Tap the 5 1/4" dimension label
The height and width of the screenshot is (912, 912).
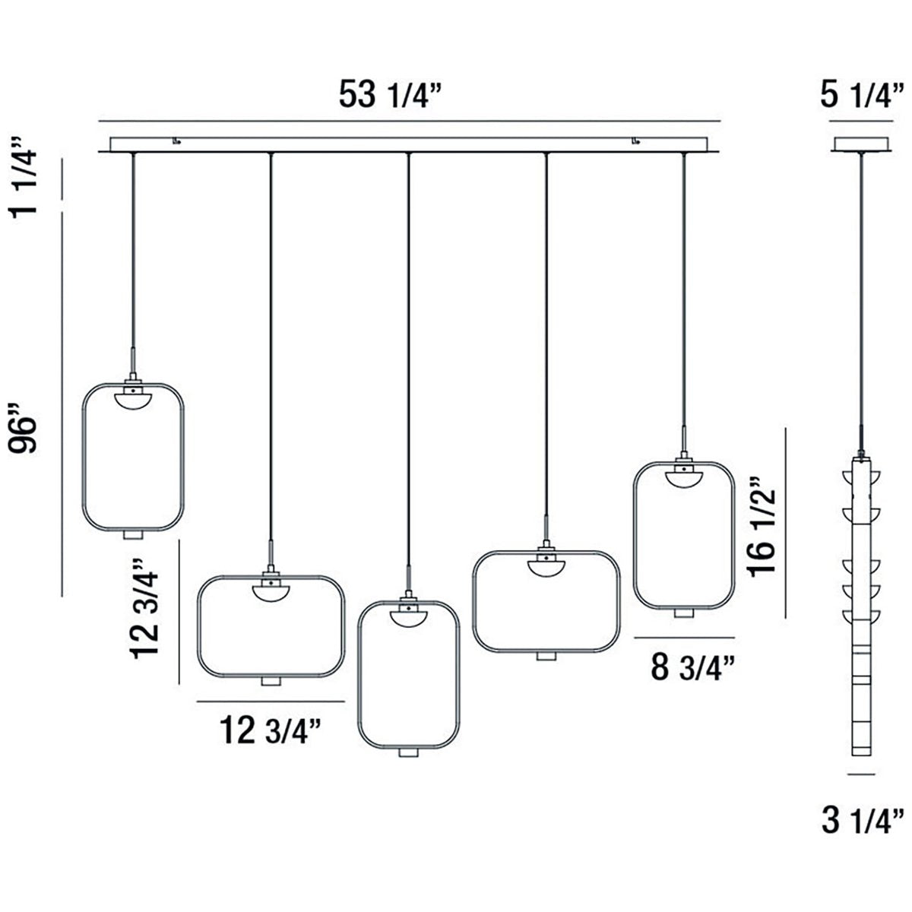click(x=863, y=97)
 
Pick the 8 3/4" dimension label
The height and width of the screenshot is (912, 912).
click(x=692, y=667)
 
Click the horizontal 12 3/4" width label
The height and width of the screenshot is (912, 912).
click(x=269, y=731)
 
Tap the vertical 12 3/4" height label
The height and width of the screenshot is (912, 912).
click(x=146, y=609)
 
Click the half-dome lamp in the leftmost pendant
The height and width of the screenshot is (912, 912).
click(x=133, y=398)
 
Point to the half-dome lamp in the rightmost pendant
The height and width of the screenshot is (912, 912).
click(x=682, y=477)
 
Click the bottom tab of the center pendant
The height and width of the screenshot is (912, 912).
click(x=409, y=752)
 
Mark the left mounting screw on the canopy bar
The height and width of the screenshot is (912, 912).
click(x=176, y=141)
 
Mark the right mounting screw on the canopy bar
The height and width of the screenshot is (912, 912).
click(x=635, y=141)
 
